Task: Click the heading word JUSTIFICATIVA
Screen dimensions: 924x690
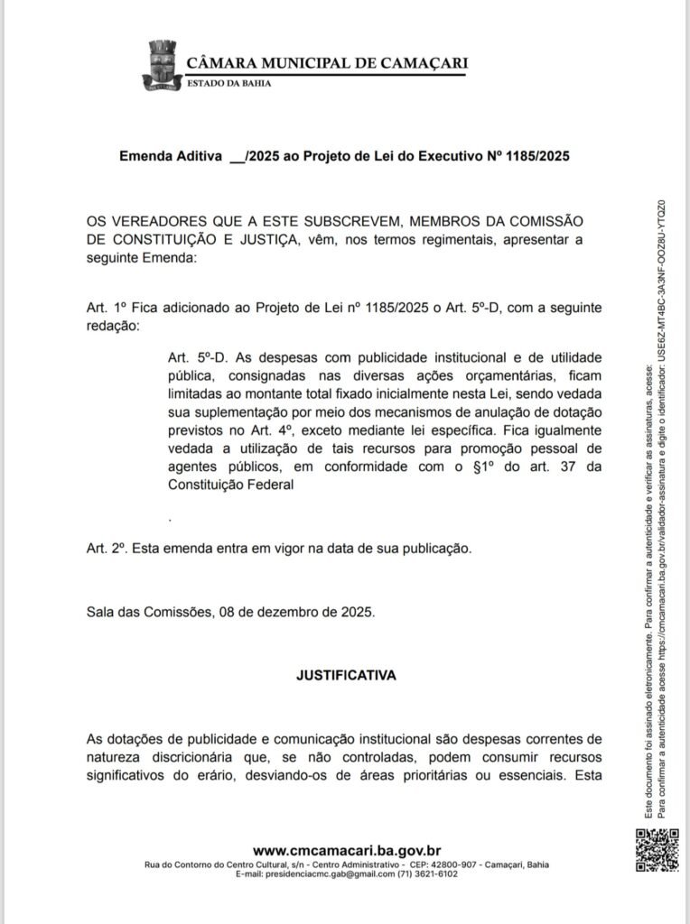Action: pyautogui.click(x=346, y=674)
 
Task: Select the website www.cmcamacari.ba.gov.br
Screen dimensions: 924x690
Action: pyautogui.click(x=346, y=850)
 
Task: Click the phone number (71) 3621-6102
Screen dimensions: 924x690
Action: pyautogui.click(x=428, y=874)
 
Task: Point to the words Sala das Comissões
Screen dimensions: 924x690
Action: pyautogui.click(x=147, y=611)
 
